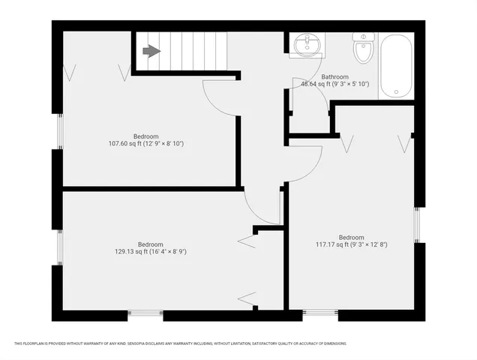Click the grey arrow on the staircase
151,51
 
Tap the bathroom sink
306,46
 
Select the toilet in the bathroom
363,49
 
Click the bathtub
395,66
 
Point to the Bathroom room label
334,76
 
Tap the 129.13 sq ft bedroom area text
151,251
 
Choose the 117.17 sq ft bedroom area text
351,244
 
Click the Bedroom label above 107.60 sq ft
146,136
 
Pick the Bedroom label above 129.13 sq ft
151,244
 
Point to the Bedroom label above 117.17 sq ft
351,237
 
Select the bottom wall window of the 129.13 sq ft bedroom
145,312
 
